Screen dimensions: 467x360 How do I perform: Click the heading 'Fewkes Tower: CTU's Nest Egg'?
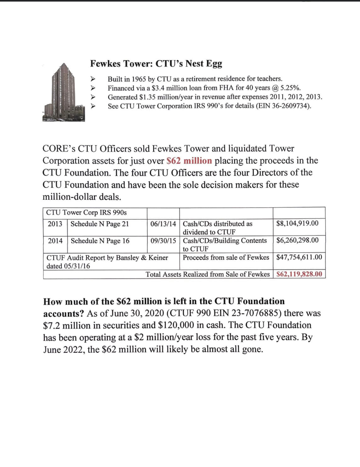[x=156, y=64]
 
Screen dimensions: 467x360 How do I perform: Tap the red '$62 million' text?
[x=189, y=161]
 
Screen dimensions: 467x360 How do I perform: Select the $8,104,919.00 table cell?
[x=297, y=223]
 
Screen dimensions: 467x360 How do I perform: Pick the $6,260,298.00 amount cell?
[x=297, y=240]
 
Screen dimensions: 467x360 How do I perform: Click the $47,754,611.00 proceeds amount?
[x=299, y=257]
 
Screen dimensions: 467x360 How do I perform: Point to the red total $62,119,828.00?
[x=299, y=274]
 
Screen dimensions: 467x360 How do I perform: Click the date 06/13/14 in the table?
[x=163, y=224]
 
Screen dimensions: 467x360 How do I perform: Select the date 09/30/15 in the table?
[x=163, y=241]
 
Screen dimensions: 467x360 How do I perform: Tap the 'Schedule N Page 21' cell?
[x=100, y=224]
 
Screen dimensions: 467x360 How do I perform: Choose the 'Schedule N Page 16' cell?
[x=100, y=241]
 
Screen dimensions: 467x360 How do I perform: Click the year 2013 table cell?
[x=55, y=224]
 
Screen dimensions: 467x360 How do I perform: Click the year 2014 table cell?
[x=55, y=241]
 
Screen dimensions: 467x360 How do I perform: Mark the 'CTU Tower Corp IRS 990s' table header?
[x=86, y=213]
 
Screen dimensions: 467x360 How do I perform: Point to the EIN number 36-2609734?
[x=290, y=106]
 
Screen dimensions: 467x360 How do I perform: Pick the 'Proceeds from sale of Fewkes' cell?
[x=226, y=257]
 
